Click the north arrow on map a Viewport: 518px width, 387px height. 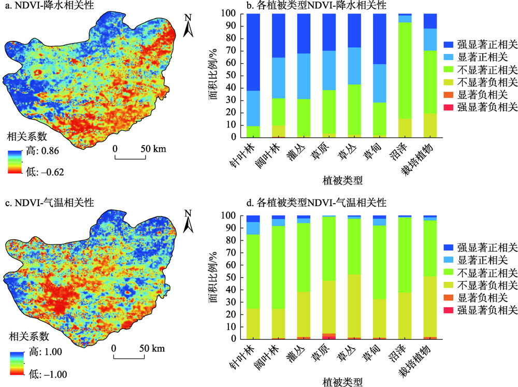(x=189, y=26)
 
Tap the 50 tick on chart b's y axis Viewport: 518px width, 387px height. (x=228, y=76)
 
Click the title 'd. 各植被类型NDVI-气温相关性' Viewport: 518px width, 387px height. (x=315, y=203)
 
